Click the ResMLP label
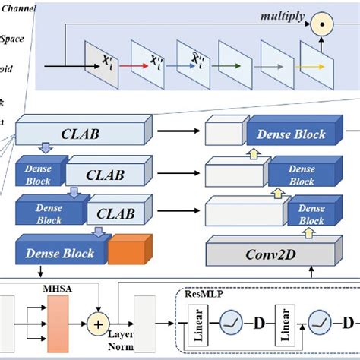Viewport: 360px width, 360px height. [x=204, y=291]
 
